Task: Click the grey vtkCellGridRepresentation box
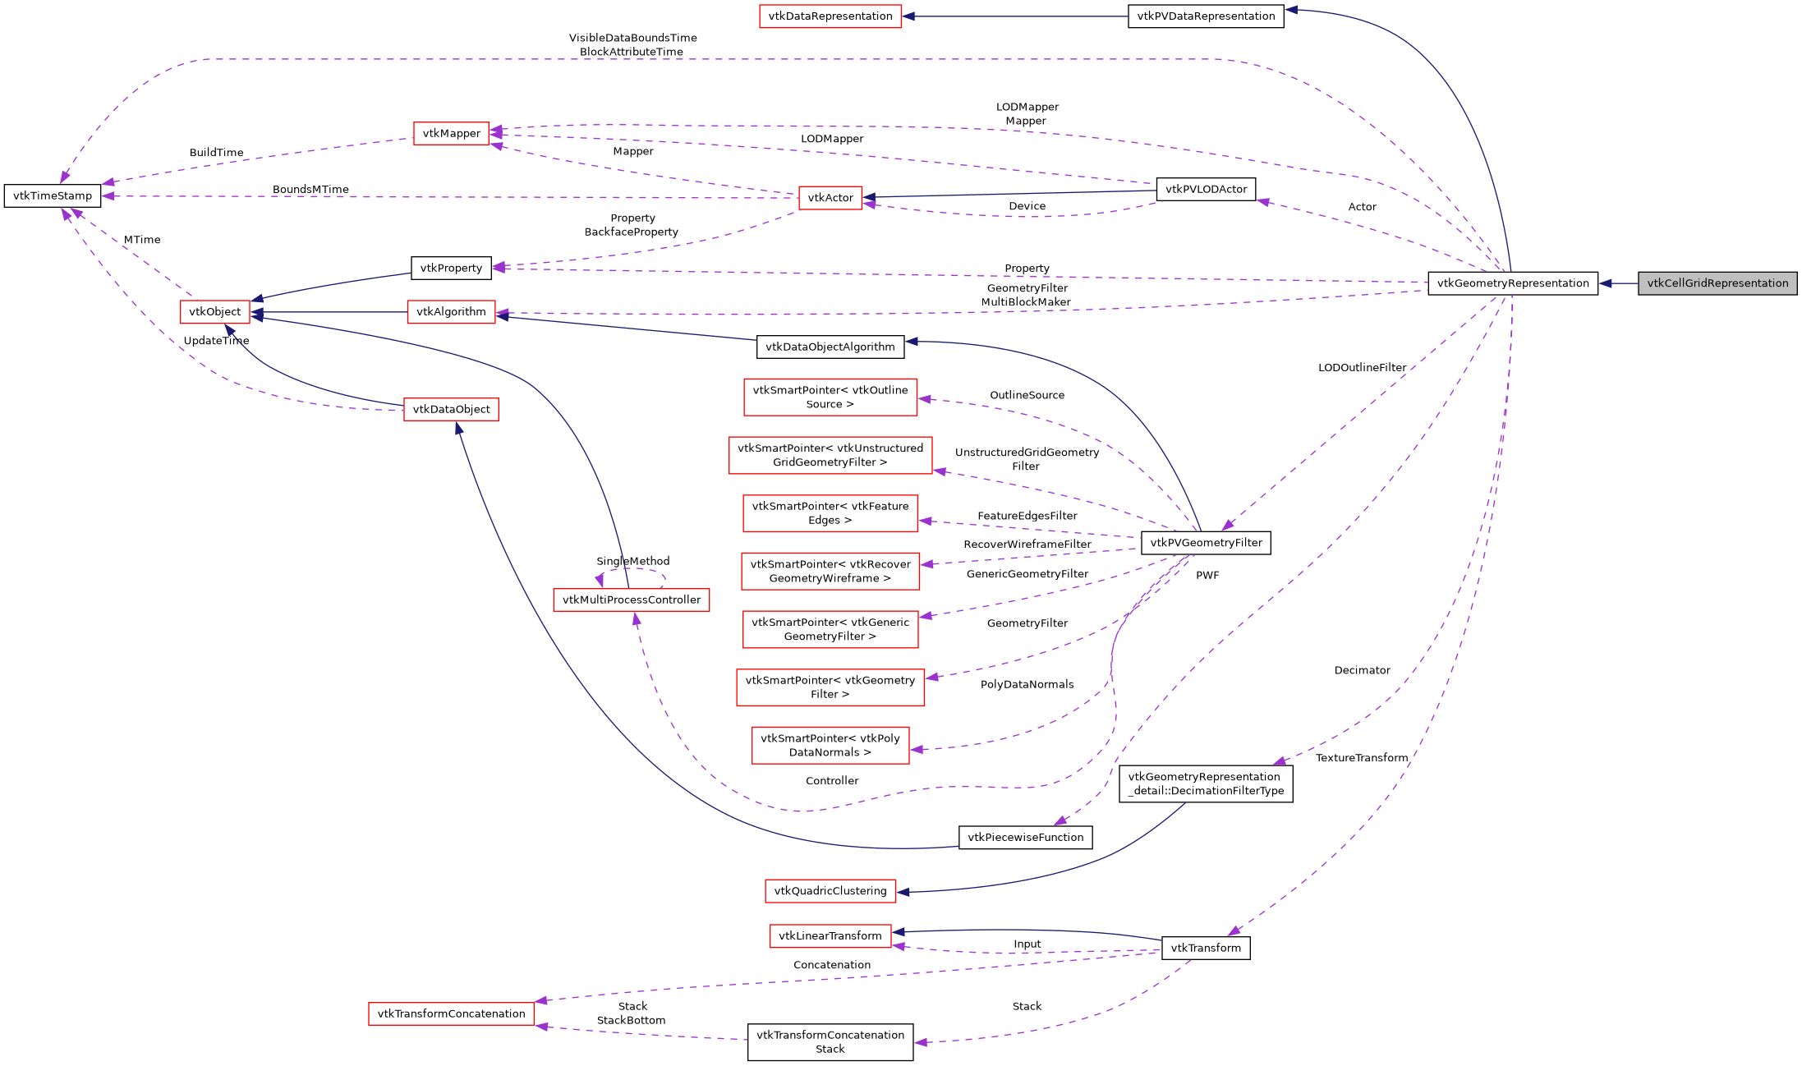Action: tap(1717, 283)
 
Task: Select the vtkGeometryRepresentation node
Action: tap(1512, 283)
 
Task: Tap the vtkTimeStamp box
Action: tap(53, 195)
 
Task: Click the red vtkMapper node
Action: tap(451, 133)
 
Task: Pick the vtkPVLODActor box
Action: tap(1205, 189)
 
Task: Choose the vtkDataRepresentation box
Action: tap(830, 16)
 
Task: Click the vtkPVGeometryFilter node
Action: tap(1205, 543)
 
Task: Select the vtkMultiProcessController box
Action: tap(631, 600)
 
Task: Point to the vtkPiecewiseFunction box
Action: tap(1025, 838)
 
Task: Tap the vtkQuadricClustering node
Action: tap(830, 891)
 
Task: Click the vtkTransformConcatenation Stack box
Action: tap(830, 1041)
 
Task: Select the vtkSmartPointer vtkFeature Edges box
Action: tap(830, 513)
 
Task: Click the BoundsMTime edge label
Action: tap(310, 190)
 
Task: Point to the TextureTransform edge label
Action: tap(1361, 758)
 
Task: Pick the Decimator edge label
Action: tap(1361, 671)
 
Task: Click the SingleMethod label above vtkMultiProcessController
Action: tap(632, 562)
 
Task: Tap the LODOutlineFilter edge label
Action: tap(1361, 368)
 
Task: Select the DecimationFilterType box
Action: tap(1205, 783)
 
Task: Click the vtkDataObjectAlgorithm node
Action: tap(830, 347)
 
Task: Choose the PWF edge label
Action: tap(1207, 576)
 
